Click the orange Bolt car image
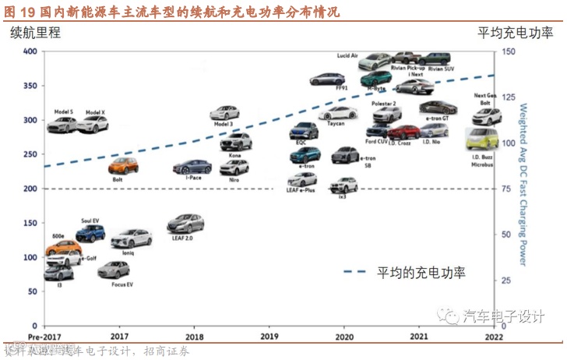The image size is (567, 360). (x=123, y=166)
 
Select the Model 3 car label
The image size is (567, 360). (x=224, y=125)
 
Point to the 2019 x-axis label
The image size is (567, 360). (x=269, y=337)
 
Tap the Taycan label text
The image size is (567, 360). (x=336, y=123)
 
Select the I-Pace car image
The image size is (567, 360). (x=192, y=167)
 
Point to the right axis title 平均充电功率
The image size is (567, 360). (x=515, y=33)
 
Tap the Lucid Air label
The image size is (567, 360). (x=347, y=56)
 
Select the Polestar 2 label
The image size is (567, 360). (x=383, y=103)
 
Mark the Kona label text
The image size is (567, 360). (x=235, y=154)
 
